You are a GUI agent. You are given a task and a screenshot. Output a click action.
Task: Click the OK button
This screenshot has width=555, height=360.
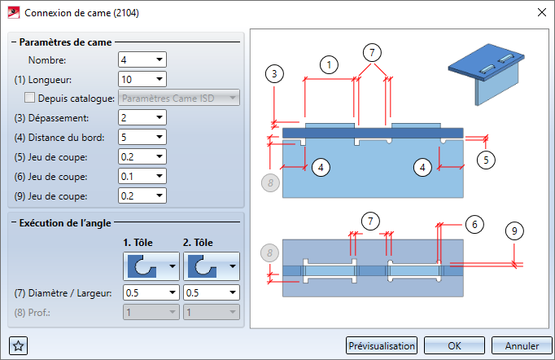[454, 345]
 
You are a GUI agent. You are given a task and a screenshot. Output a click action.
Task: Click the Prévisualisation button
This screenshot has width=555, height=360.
[382, 345]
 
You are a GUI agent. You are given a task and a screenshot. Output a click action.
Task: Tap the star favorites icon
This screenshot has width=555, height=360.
[18, 345]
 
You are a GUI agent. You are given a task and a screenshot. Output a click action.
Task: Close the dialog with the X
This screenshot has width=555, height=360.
[541, 12]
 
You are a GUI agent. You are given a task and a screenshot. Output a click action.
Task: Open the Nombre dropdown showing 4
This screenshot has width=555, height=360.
[142, 59]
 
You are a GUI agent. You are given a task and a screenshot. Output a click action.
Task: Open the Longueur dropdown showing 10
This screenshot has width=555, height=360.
[142, 79]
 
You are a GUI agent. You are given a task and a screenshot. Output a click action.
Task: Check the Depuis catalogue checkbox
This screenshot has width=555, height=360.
[30, 98]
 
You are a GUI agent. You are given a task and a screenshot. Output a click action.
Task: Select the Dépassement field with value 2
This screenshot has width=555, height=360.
[142, 117]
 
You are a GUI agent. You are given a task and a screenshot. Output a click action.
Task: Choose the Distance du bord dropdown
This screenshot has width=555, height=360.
[142, 137]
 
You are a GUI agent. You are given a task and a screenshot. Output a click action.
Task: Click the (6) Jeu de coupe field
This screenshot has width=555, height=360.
[142, 176]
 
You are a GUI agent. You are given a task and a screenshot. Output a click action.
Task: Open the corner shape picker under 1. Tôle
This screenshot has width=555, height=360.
[151, 266]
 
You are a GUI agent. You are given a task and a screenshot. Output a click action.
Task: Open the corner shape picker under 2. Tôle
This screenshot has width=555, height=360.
[212, 266]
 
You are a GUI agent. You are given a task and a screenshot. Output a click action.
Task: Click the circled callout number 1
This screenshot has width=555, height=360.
[329, 65]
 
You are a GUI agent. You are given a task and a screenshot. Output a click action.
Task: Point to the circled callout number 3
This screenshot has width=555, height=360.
[274, 74]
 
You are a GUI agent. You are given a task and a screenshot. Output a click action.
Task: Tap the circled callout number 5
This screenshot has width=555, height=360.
[486, 160]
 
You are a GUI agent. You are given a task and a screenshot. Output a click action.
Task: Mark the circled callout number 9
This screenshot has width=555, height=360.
[514, 231]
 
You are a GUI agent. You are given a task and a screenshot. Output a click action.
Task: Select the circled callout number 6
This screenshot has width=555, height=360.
[474, 224]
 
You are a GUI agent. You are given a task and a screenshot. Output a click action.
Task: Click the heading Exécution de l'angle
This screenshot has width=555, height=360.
[65, 223]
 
